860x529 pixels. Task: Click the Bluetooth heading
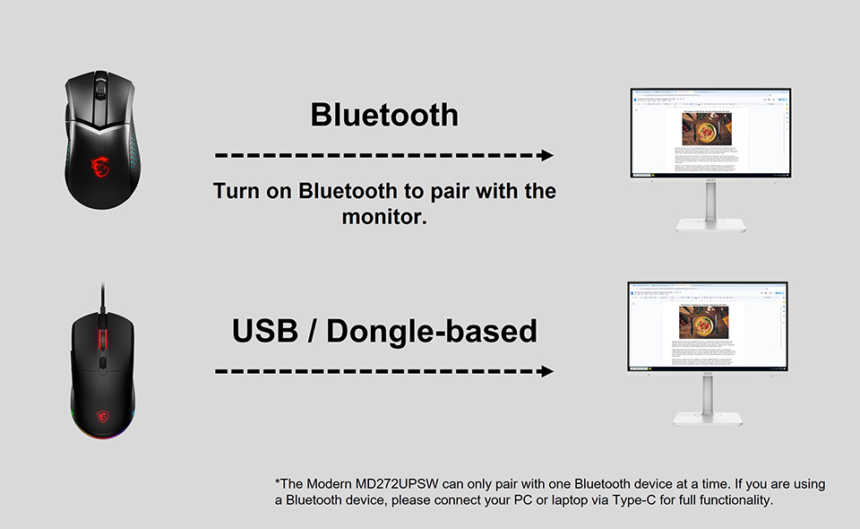384,115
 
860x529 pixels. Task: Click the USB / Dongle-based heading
384,331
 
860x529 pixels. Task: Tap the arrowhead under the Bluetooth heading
546,155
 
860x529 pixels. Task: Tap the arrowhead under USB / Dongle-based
546,371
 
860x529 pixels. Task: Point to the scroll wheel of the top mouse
101,88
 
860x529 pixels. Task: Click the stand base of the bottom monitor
708,418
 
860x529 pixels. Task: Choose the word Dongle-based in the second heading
432,331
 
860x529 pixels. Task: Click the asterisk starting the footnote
278,482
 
